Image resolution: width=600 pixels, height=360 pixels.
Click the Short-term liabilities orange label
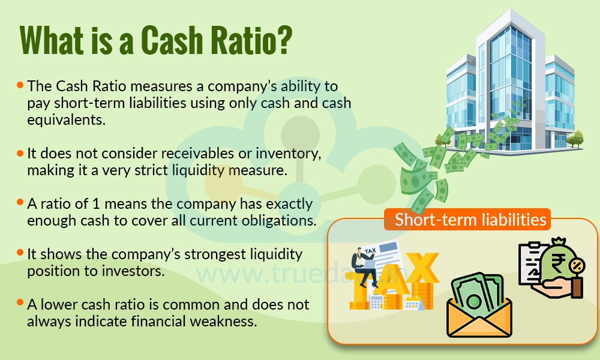pos(470,220)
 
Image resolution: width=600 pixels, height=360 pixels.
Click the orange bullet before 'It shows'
pos(20,254)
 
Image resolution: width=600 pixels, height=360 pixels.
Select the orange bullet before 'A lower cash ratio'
pos(20,305)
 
